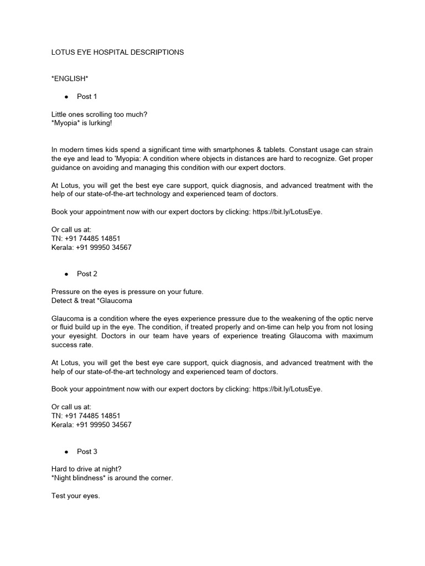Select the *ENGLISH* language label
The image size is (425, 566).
tap(70, 79)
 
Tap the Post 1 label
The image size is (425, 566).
tap(87, 97)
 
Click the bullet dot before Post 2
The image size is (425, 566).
tap(66, 274)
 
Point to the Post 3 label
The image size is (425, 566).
tap(87, 452)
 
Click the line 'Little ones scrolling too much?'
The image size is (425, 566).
tap(100, 114)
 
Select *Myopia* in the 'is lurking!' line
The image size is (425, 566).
tap(66, 123)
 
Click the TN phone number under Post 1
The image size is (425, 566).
tap(93, 238)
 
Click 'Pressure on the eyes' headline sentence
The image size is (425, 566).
tap(127, 292)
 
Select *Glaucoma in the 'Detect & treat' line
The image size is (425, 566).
tap(114, 301)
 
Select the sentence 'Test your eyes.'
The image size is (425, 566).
tap(75, 496)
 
